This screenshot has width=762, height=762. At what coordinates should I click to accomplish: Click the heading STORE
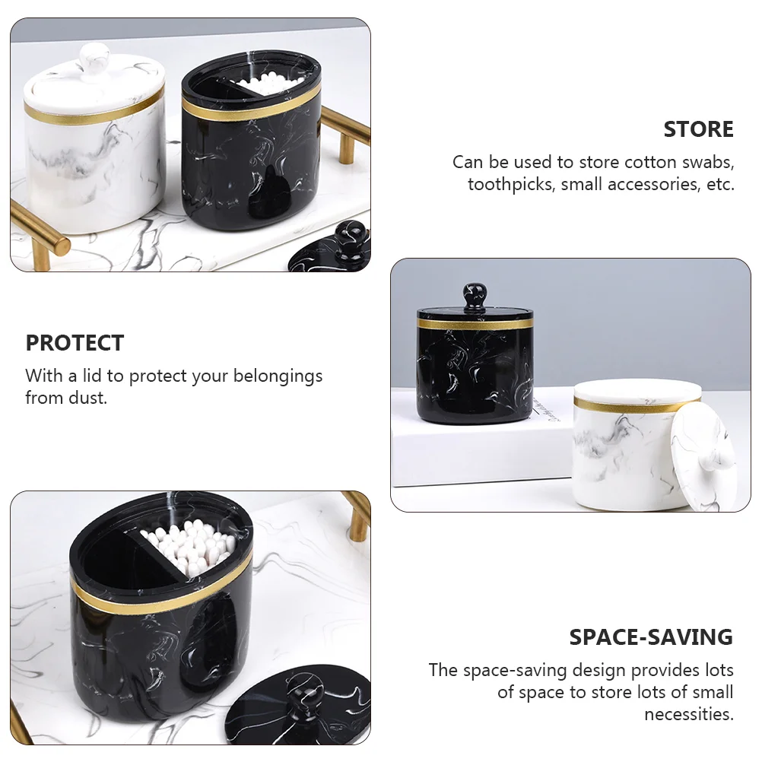click(698, 129)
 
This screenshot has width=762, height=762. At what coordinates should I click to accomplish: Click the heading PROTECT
click(75, 343)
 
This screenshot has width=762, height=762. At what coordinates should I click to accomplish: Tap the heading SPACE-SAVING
click(651, 637)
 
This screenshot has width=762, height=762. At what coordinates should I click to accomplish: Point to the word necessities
click(689, 714)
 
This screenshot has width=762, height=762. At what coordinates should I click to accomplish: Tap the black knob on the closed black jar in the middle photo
click(475, 296)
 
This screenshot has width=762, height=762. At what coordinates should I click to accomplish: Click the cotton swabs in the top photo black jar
click(266, 84)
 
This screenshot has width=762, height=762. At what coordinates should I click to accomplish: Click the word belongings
click(278, 376)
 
